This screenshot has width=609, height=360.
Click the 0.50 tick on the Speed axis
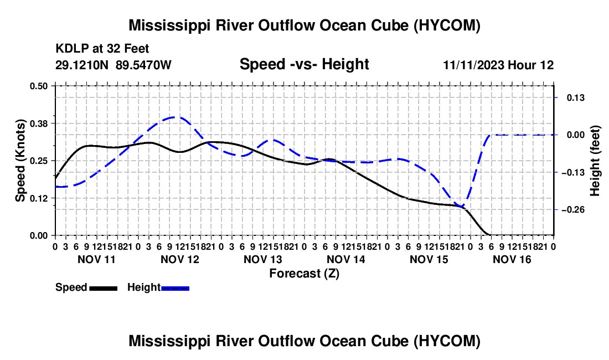pos(38,86)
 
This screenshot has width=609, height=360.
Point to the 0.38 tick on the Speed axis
pos(38,124)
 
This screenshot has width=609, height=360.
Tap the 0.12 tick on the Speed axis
pos(38,198)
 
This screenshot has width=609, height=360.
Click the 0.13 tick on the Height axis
pos(576,97)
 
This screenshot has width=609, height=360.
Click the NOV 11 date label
pos(97,259)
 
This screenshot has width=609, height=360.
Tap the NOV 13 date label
pos(263,259)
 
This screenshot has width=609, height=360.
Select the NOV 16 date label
pos(512,259)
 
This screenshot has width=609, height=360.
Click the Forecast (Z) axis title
pos(304,274)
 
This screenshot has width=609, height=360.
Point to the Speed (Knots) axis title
pos(20,161)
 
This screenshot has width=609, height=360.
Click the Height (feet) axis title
pos(595,161)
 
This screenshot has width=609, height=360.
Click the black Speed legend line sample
pos(103,288)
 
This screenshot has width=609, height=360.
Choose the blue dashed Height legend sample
pos(175,288)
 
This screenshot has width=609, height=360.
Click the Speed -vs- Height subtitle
pos(304,64)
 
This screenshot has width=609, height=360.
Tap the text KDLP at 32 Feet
pos(102,49)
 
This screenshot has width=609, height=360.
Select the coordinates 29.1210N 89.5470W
pos(113,65)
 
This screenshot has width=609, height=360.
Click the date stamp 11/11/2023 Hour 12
pos(498,65)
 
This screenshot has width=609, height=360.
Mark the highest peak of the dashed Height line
pos(175,117)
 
